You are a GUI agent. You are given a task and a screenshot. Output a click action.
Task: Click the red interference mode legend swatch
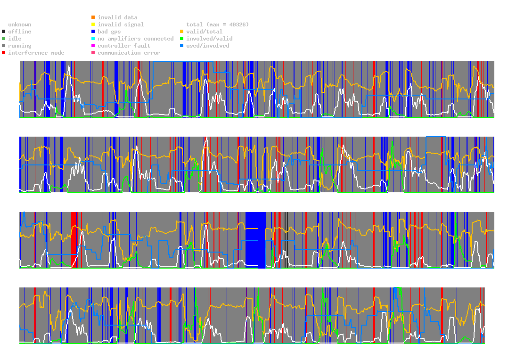[x=4, y=53]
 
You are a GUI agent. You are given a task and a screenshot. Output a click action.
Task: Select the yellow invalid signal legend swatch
[x=93, y=25]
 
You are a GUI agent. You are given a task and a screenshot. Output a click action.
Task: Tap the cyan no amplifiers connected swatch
[x=93, y=39]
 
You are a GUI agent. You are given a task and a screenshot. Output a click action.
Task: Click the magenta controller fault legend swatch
[x=93, y=46]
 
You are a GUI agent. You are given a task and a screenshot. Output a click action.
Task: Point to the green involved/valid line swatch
[x=181, y=39]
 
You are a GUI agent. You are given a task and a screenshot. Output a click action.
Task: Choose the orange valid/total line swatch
[x=181, y=32]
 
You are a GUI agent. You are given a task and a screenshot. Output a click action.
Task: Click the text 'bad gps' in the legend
[x=109, y=32]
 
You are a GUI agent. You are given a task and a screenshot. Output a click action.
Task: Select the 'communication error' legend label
[x=129, y=53]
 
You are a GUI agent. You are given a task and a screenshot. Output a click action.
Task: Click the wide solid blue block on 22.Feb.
[x=256, y=240]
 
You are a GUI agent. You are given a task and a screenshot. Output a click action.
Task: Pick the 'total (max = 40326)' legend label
[x=217, y=25]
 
